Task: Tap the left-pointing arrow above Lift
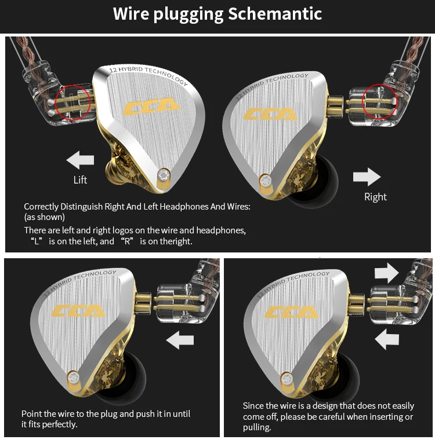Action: pos(80,159)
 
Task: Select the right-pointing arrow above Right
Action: pos(367,177)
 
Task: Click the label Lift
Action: pos(80,180)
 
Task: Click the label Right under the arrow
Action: pos(375,197)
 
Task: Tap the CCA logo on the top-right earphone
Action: pos(270,113)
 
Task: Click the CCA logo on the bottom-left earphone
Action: pos(78,311)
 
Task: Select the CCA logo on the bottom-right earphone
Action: pos(292,312)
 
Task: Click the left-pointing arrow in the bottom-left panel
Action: pos(180,341)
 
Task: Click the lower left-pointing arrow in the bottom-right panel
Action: pos(387,339)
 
